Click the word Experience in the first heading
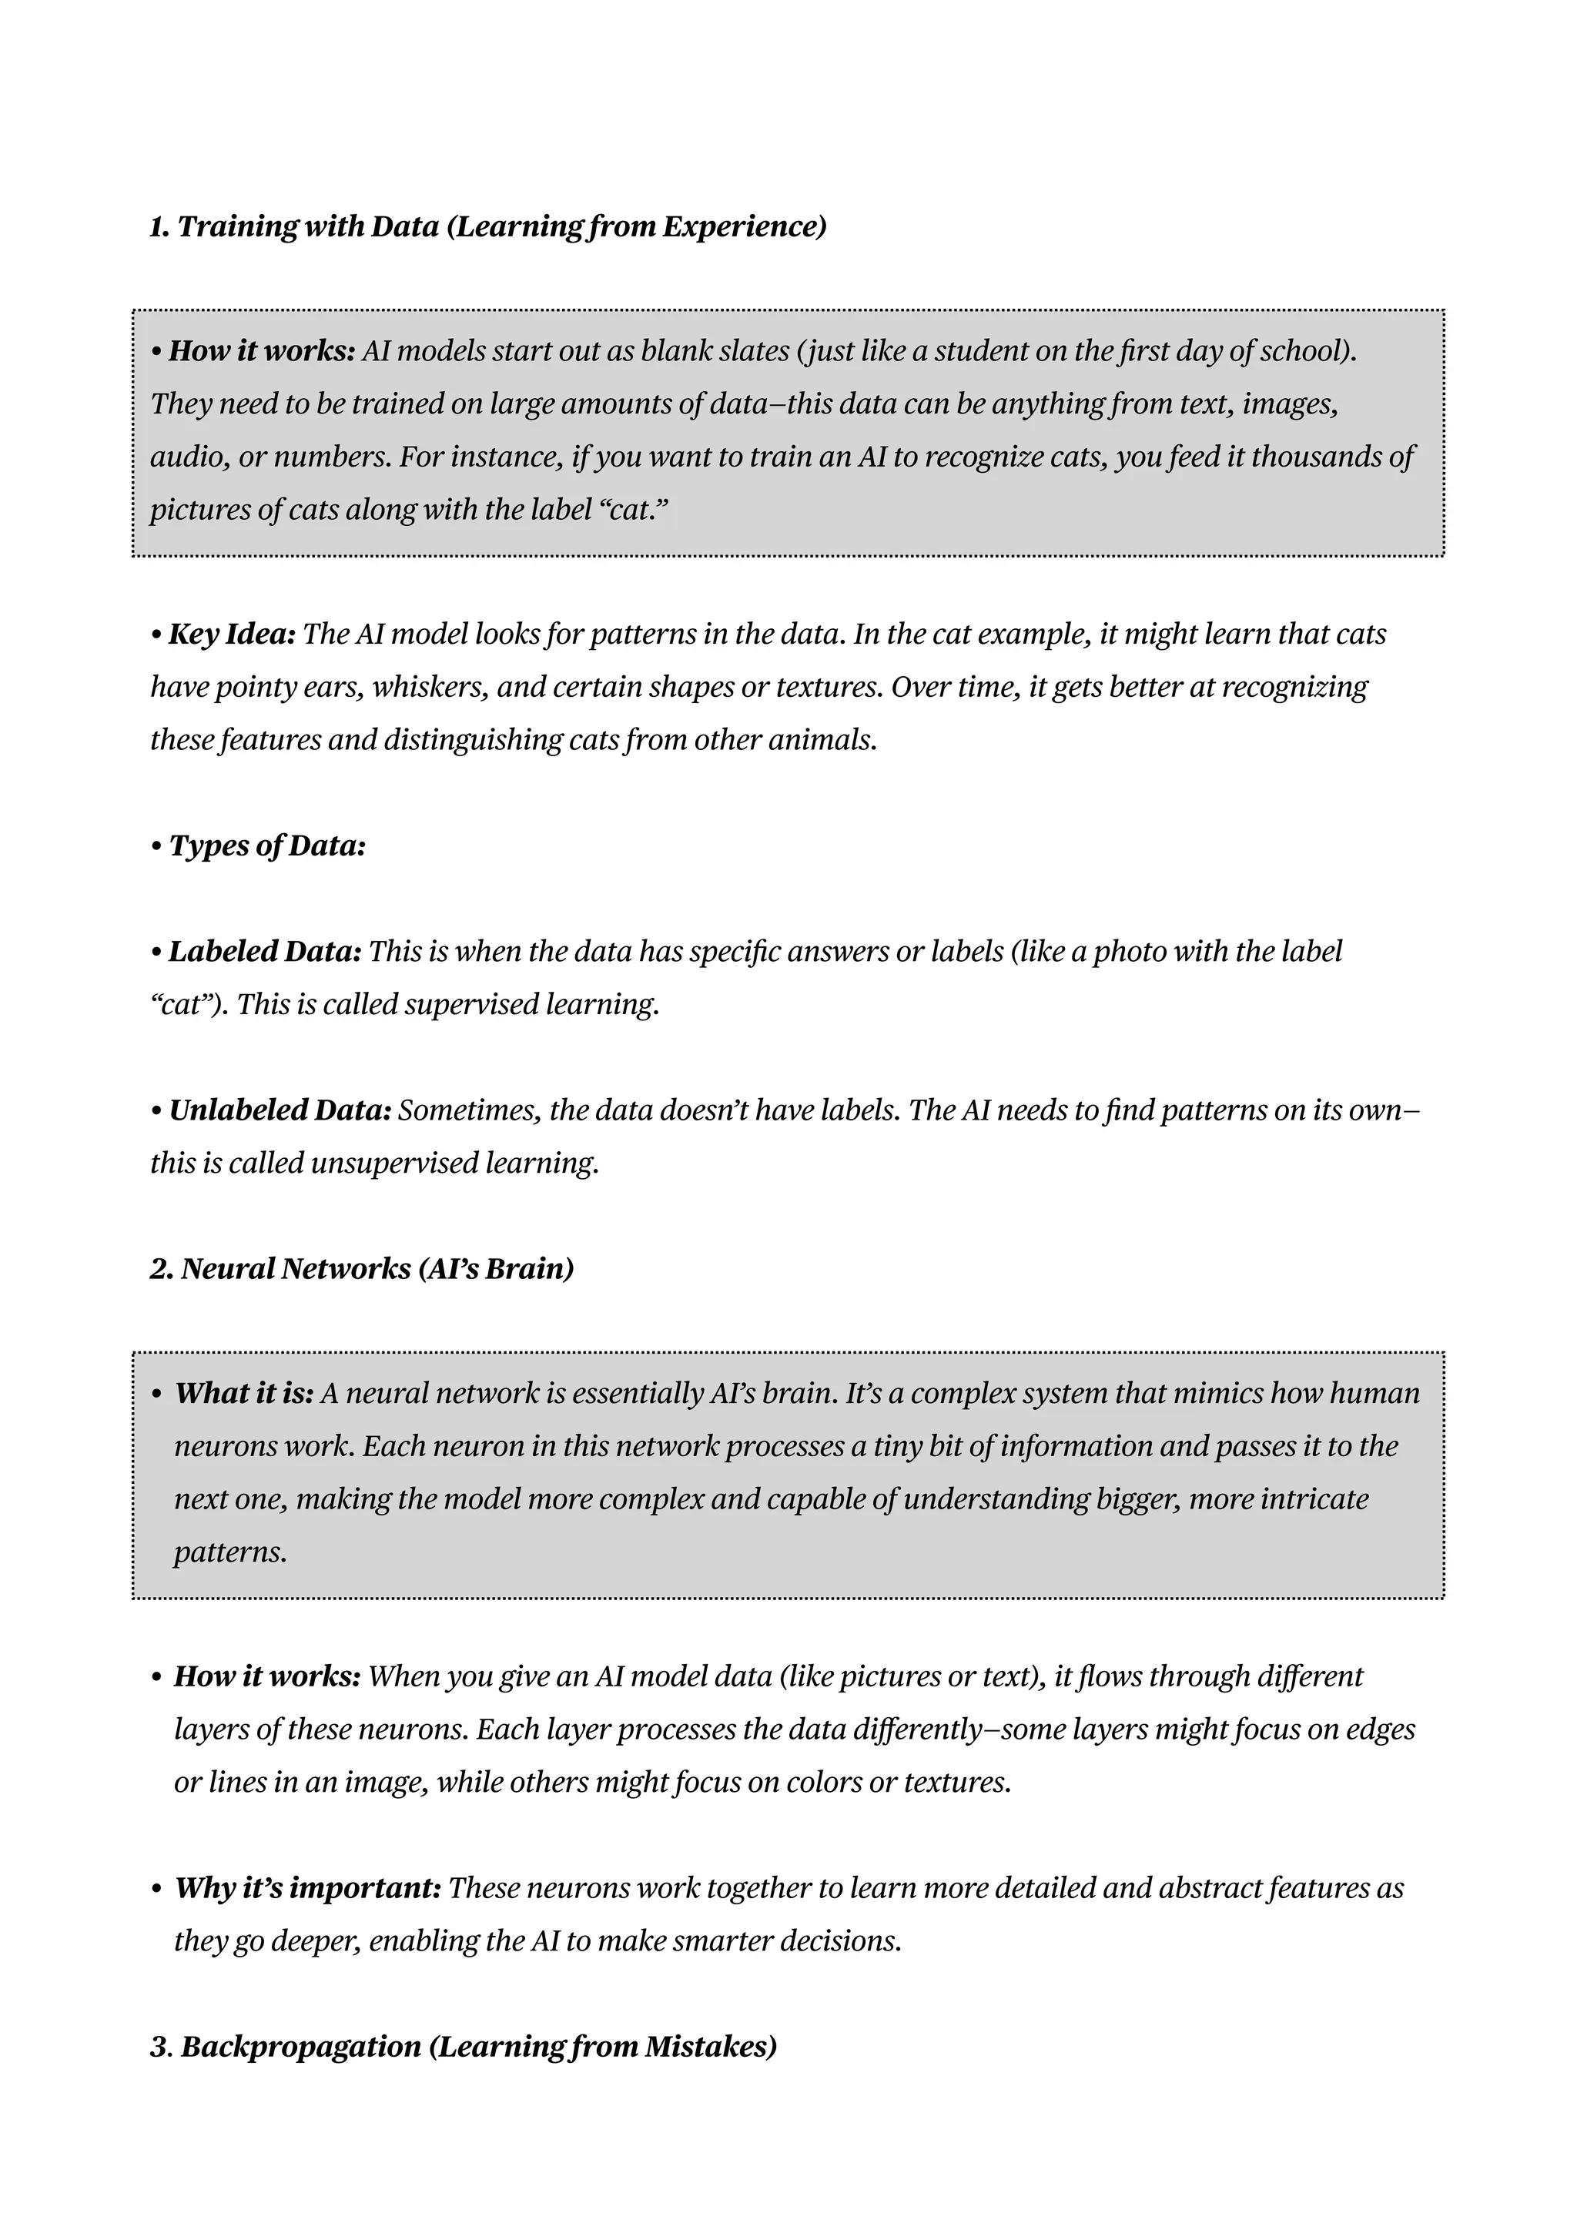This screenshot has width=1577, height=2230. tap(743, 227)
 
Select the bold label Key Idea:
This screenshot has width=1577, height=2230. tap(232, 635)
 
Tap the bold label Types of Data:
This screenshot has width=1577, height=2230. tap(267, 846)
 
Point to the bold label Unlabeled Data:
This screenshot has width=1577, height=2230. tap(280, 1110)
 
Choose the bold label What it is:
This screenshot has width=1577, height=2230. tap(244, 1394)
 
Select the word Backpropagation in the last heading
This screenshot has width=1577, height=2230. tap(301, 2047)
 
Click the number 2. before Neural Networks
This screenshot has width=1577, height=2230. tap(162, 1270)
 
